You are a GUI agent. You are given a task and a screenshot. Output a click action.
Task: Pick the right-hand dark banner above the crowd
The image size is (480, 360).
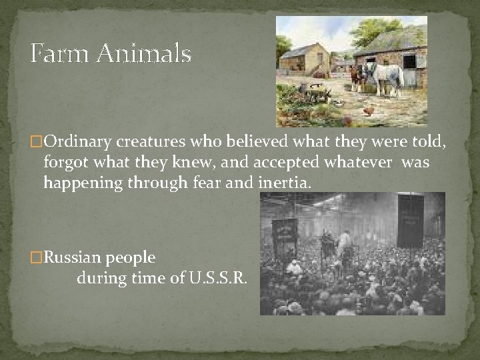410,220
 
